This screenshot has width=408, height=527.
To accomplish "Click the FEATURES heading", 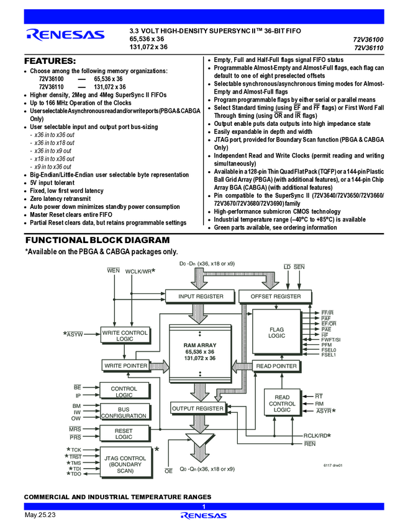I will (50, 61).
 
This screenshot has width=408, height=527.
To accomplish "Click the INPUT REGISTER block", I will (201, 296).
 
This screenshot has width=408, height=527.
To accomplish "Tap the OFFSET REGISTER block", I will (275, 296).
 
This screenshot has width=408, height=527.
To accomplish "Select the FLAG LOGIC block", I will (276, 332).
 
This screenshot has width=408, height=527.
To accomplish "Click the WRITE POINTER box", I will (125, 366).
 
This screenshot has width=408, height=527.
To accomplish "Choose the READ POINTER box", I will (276, 366).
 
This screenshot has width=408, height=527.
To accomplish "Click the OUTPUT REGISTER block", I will (197, 409).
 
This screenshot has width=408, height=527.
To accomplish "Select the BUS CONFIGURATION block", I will (124, 412).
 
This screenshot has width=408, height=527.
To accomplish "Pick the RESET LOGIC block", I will (124, 433).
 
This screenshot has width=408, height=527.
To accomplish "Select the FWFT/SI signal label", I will (330, 340).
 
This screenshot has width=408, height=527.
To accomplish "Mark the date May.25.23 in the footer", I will (40, 516).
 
